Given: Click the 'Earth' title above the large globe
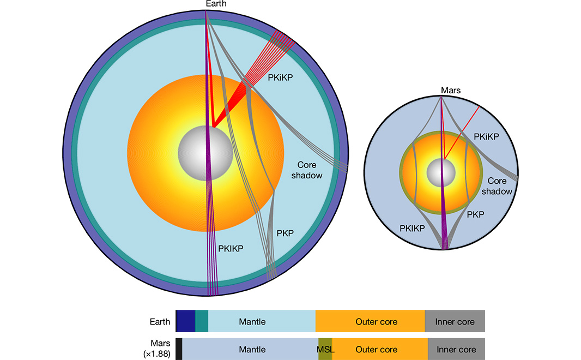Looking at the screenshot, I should tap(216, 4).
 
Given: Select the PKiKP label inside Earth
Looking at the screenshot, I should tap(280, 78).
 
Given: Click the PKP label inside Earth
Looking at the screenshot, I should tap(285, 233).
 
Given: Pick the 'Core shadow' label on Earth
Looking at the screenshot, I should tap(310, 170).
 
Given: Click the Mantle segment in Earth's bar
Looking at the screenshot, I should tap(252, 322).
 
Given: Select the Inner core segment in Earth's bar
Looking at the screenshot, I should tap(455, 322).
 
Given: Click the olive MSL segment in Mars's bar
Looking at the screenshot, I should tap(325, 350).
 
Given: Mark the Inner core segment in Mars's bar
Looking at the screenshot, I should tap(456, 350).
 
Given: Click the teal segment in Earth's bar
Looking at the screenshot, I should tap(202, 322).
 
